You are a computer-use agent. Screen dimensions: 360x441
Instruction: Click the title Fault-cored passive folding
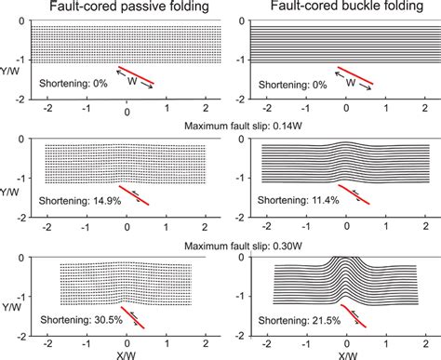pyautogui.click(x=122, y=7)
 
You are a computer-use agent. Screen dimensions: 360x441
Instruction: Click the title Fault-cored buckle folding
pyautogui.click(x=341, y=7)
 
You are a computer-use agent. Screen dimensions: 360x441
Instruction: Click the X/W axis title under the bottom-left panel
pyautogui.click(x=127, y=353)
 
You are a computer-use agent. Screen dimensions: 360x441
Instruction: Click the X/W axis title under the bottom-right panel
pyautogui.click(x=346, y=353)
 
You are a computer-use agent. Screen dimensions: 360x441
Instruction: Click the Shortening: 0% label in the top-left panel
pyautogui.click(x=69, y=83)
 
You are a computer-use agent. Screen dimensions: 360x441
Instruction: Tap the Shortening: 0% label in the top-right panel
pyautogui.click(x=288, y=83)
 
